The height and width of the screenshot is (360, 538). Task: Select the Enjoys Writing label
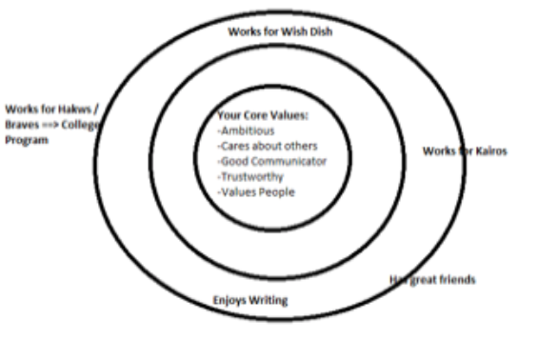tap(249, 300)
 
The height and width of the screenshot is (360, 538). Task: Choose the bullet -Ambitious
tap(248, 131)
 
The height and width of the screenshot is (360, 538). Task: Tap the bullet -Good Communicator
tap(271, 161)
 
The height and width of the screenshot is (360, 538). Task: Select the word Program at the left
tap(26, 138)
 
